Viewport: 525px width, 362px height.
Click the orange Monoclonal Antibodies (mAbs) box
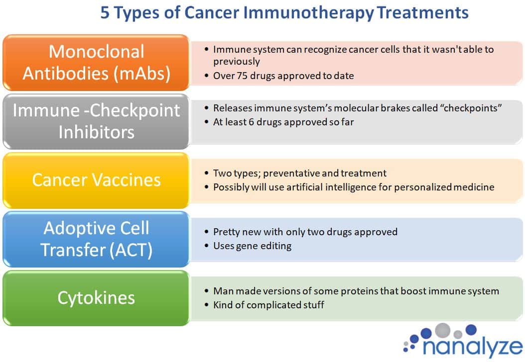point(96,63)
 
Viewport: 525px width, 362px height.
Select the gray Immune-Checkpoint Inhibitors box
point(96,121)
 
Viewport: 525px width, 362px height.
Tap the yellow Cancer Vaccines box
point(96,180)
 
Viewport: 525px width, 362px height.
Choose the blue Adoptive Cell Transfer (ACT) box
point(96,239)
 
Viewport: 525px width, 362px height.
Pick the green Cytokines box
point(96,298)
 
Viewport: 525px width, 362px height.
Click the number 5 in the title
point(105,13)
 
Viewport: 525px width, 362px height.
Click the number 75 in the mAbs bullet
point(242,76)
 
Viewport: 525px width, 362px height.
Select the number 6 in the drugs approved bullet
point(251,122)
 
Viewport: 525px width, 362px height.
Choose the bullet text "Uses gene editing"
point(252,246)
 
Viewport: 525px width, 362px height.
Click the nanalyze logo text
point(473,346)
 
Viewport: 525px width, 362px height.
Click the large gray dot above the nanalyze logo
point(443,330)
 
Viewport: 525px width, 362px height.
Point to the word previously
point(237,62)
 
